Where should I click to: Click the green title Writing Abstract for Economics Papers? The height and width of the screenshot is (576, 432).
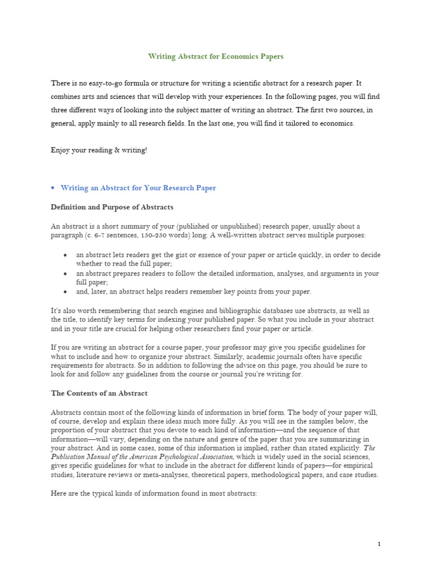click(x=216, y=56)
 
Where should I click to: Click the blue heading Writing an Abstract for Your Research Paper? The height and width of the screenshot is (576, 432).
click(x=138, y=188)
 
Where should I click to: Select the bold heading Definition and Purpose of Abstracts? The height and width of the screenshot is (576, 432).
click(x=112, y=207)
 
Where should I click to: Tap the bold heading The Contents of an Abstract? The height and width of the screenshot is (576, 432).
click(x=99, y=393)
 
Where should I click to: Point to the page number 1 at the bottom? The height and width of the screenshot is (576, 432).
click(x=380, y=544)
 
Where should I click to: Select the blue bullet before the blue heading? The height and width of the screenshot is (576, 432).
click(x=52, y=188)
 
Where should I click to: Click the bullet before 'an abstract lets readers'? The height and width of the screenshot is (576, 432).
click(x=66, y=255)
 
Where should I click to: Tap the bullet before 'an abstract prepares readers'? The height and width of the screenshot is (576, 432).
click(x=66, y=273)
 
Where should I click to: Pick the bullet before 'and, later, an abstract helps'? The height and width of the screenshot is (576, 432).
click(x=66, y=291)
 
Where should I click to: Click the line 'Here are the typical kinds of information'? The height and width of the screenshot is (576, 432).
click(x=154, y=493)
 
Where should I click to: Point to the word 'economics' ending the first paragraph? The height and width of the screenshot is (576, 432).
click(x=336, y=124)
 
